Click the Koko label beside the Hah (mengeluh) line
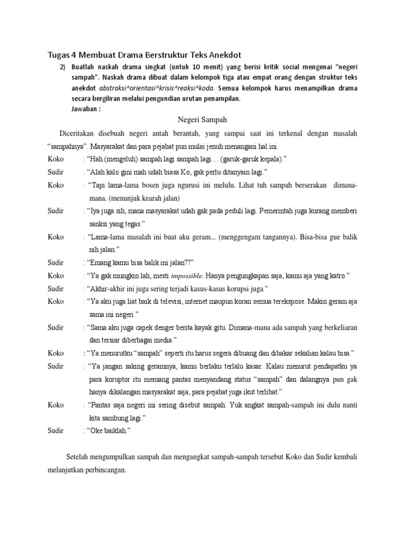coord(56,159)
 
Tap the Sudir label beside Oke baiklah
coord(56,431)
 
